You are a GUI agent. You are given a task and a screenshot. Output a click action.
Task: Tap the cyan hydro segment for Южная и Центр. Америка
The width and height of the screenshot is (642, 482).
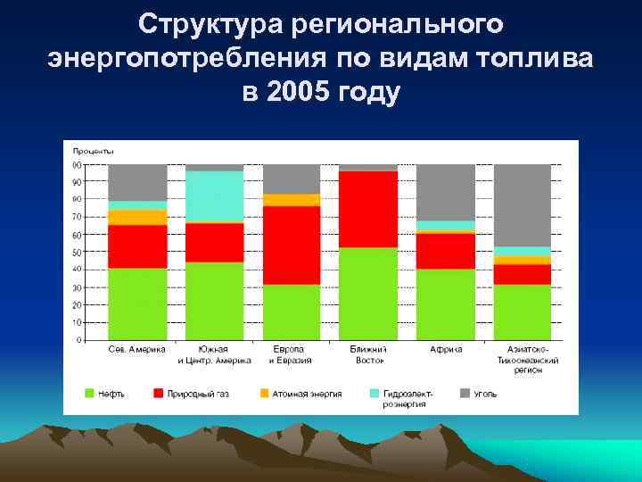(214, 195)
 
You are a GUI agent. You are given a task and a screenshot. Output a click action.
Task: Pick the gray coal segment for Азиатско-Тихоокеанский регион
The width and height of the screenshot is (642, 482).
(522, 204)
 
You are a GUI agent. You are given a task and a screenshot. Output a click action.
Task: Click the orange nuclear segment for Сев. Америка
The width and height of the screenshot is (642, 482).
(137, 217)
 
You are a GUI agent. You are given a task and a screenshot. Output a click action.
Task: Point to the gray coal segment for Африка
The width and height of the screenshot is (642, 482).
(445, 192)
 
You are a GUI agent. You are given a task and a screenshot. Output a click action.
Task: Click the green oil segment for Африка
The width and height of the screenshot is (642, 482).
(445, 303)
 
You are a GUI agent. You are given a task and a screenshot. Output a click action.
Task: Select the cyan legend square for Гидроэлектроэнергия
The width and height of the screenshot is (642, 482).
(374, 393)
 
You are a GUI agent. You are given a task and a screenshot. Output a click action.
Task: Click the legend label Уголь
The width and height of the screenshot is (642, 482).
(486, 393)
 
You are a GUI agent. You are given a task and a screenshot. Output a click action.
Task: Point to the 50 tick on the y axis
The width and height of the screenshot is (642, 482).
(77, 253)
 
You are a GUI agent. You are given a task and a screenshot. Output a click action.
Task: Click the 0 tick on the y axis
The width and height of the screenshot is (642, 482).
(78, 340)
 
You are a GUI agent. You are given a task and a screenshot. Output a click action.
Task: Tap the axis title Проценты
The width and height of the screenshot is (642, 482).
(92, 152)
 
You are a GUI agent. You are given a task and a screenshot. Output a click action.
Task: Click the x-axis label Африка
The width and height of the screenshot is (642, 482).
(445, 350)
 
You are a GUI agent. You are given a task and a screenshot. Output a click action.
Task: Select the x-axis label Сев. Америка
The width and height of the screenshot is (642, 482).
(137, 350)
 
